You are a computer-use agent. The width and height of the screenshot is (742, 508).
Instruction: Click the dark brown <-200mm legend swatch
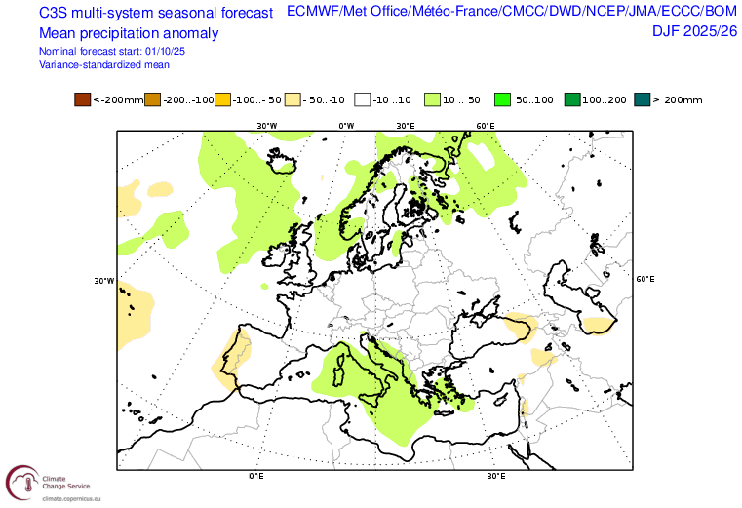tap(83, 99)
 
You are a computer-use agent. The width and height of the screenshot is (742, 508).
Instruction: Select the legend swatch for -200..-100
tap(153, 99)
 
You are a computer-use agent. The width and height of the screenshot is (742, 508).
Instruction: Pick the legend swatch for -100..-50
tap(223, 99)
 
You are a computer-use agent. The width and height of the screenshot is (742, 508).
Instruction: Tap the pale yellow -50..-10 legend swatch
tap(293, 99)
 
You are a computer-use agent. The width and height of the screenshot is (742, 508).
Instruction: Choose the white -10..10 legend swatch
tap(363, 99)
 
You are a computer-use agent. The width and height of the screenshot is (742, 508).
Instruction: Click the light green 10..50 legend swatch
tap(433, 99)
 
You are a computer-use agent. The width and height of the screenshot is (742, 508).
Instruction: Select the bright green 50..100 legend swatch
tap(503, 99)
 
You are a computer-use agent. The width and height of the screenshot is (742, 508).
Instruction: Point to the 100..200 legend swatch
tap(572, 99)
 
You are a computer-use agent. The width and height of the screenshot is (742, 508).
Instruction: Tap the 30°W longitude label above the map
tap(266, 126)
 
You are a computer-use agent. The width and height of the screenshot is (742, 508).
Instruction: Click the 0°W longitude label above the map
tap(345, 126)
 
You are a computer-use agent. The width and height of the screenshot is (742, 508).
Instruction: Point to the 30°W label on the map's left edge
tap(102, 281)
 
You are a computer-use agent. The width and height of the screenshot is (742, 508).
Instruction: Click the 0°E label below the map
tap(257, 476)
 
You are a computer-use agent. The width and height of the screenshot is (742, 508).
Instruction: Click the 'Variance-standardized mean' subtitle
tap(104, 64)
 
